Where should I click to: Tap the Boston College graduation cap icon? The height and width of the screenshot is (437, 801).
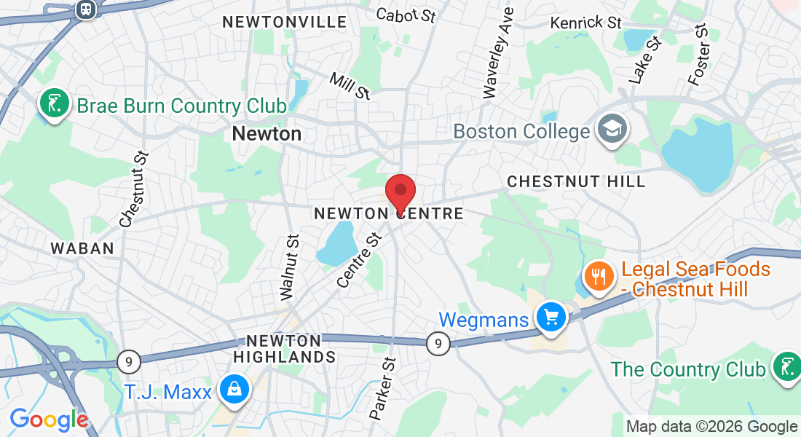click(607, 130)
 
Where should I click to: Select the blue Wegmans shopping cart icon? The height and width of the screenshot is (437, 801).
click(551, 318)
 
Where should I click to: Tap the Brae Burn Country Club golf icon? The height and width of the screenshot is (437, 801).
click(53, 105)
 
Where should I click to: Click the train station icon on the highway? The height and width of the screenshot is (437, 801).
click(86, 9)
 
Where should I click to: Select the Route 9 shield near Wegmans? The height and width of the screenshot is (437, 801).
click(438, 342)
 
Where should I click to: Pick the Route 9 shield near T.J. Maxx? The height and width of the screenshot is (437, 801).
click(128, 360)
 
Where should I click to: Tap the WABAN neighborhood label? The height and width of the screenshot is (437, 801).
click(82, 248)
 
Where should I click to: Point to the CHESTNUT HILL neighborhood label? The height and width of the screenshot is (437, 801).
click(576, 181)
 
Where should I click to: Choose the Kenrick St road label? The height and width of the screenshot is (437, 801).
click(586, 22)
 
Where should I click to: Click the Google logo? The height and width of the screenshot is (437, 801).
click(49, 420)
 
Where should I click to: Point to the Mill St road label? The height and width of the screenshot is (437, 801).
click(350, 85)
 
